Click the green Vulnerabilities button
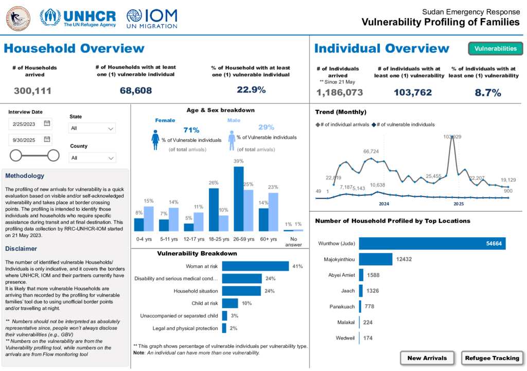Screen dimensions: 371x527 (x=495, y=49)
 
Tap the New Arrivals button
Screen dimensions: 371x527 (x=427, y=358)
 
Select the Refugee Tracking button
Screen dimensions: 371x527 (x=493, y=358)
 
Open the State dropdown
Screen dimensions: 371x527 (x=92, y=128)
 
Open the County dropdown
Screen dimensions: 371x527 (x=93, y=158)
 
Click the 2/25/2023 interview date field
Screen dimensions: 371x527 (x=30, y=124)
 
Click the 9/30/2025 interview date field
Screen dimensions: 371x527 (x=30, y=139)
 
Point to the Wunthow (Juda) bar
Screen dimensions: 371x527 (x=432, y=244)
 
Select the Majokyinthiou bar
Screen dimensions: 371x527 (x=375, y=259)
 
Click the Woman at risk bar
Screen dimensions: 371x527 (x=255, y=266)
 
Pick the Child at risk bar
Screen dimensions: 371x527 (x=230, y=303)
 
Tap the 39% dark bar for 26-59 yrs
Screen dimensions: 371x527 (x=238, y=199)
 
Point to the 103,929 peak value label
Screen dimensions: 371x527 (x=452, y=137)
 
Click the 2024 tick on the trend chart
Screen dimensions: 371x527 (x=384, y=203)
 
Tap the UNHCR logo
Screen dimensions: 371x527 (x=78, y=18)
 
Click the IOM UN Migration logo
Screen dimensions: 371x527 (x=152, y=18)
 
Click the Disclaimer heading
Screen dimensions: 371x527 (x=21, y=249)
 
